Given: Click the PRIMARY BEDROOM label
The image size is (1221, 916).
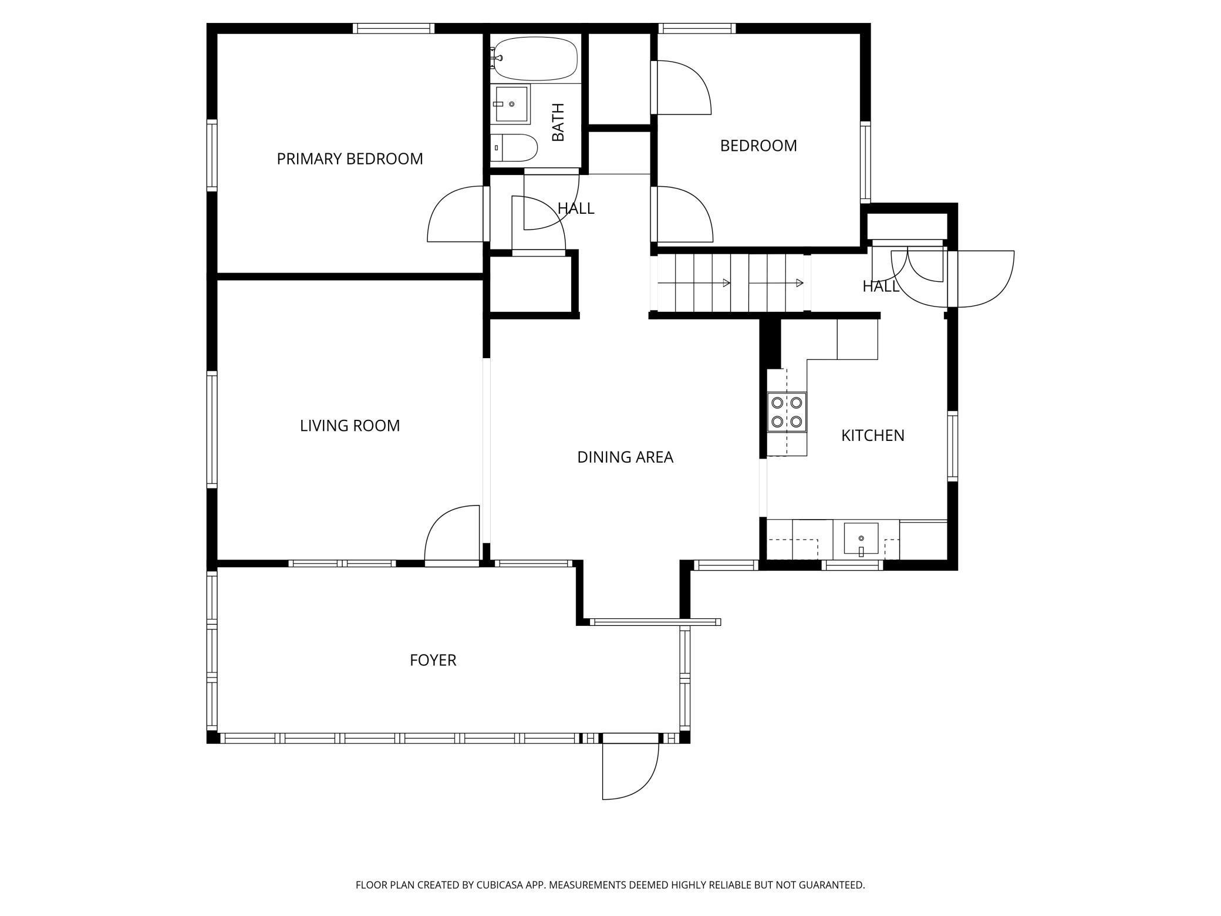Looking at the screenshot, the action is [x=350, y=159].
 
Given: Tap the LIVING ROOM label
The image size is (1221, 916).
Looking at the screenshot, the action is [x=350, y=426].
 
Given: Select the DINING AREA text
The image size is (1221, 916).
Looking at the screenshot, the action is [x=625, y=457].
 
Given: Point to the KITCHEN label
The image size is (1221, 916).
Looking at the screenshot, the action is [x=873, y=435].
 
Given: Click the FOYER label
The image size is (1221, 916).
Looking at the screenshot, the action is [x=433, y=660].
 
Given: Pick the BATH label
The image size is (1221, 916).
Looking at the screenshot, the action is [x=558, y=122].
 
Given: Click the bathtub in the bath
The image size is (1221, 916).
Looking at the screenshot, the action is [x=534, y=59].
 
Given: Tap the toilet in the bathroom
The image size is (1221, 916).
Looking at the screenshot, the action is [x=514, y=147].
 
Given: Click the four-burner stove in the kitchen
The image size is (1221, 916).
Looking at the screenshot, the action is [x=787, y=412].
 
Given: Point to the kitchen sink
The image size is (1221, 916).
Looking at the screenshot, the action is [x=861, y=538].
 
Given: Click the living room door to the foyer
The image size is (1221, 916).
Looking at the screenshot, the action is [x=452, y=536].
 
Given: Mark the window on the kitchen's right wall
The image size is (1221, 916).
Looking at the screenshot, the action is [x=952, y=447].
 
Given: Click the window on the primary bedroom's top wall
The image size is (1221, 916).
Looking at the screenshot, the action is [x=394, y=28].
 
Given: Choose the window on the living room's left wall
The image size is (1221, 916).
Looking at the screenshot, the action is [x=212, y=429].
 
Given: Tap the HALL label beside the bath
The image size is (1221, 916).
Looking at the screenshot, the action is [x=576, y=208].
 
